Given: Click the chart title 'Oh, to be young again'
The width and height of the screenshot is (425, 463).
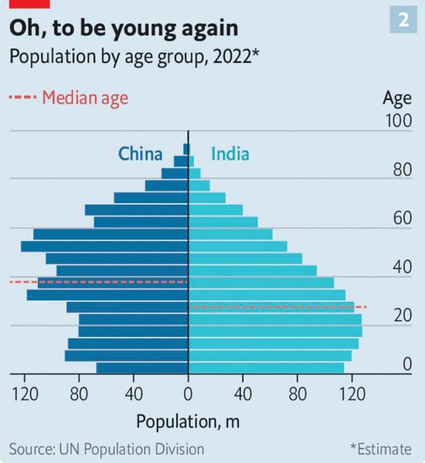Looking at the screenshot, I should pyautogui.click(x=123, y=29).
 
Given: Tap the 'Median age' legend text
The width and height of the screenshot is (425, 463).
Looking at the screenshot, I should pyautogui.click(x=85, y=98).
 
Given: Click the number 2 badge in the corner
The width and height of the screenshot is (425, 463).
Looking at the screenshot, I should pyautogui.click(x=403, y=20).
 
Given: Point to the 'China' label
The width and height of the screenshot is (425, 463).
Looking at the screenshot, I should pyautogui.click(x=140, y=154).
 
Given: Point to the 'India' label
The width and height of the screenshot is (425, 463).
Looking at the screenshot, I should pyautogui.click(x=230, y=154).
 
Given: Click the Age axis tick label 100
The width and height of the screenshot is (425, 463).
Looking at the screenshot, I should pyautogui.click(x=398, y=121).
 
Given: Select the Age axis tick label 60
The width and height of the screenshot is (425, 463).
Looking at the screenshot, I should pyautogui.click(x=402, y=218).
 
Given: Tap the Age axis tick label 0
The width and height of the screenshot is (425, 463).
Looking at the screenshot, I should pyautogui.click(x=406, y=364).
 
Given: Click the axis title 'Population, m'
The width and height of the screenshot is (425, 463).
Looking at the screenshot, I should pyautogui.click(x=188, y=421).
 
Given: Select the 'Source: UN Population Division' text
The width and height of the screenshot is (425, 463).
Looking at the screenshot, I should pyautogui.click(x=107, y=449).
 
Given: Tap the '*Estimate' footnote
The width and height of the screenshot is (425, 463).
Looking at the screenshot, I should pyautogui.click(x=381, y=449).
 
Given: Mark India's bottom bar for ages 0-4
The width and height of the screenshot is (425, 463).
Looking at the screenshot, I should pyautogui.click(x=266, y=368).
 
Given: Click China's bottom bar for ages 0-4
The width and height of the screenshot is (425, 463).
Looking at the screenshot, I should pyautogui.click(x=142, y=368).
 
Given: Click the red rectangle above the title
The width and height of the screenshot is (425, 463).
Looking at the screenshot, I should pyautogui.click(x=30, y=4).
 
